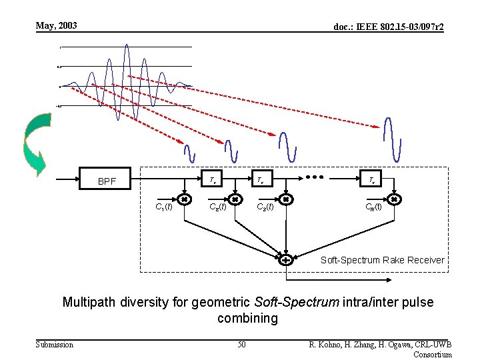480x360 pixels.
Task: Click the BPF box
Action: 107,180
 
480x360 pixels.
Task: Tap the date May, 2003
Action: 57,26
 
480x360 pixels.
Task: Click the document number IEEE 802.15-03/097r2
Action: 389,27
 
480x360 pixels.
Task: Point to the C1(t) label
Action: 163,207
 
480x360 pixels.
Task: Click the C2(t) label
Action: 218,207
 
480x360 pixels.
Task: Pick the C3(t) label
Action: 265,207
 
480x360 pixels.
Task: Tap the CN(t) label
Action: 373,207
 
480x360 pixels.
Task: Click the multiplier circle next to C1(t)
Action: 184,199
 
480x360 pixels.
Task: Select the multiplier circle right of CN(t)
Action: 394,199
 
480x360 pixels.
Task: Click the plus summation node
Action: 285,259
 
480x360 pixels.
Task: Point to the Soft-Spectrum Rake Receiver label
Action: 383,260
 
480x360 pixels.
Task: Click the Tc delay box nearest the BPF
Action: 212,180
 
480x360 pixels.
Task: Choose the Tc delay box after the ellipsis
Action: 371,180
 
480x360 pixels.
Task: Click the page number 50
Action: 241,344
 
